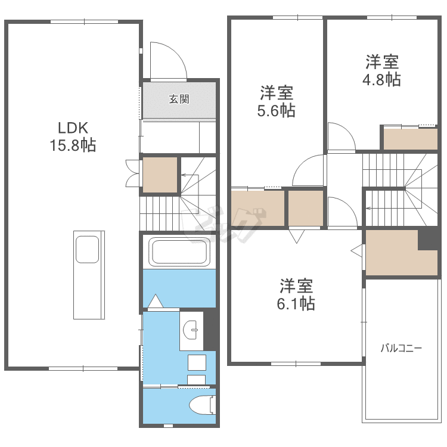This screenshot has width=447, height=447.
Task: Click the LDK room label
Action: pyautogui.click(x=73, y=127)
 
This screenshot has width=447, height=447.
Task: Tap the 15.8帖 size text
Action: pyautogui.click(x=73, y=145)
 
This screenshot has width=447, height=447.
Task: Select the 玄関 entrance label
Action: pyautogui.click(x=179, y=100)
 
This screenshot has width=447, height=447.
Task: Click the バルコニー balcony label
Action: pyautogui.click(x=402, y=347)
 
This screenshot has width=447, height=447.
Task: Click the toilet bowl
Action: pyautogui.click(x=201, y=405)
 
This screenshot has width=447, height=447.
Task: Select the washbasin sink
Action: pyautogui.click(x=191, y=328)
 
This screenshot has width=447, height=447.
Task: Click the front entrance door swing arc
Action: pyautogui.click(x=167, y=60)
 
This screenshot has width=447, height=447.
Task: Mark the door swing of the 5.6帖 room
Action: pyautogui.click(x=309, y=170)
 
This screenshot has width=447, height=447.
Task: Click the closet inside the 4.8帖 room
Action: pyautogui.click(x=410, y=139)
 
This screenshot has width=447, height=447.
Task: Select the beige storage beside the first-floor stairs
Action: pyautogui.click(x=160, y=174)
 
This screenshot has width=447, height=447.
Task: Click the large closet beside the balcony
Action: pyautogui.click(x=392, y=253)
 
